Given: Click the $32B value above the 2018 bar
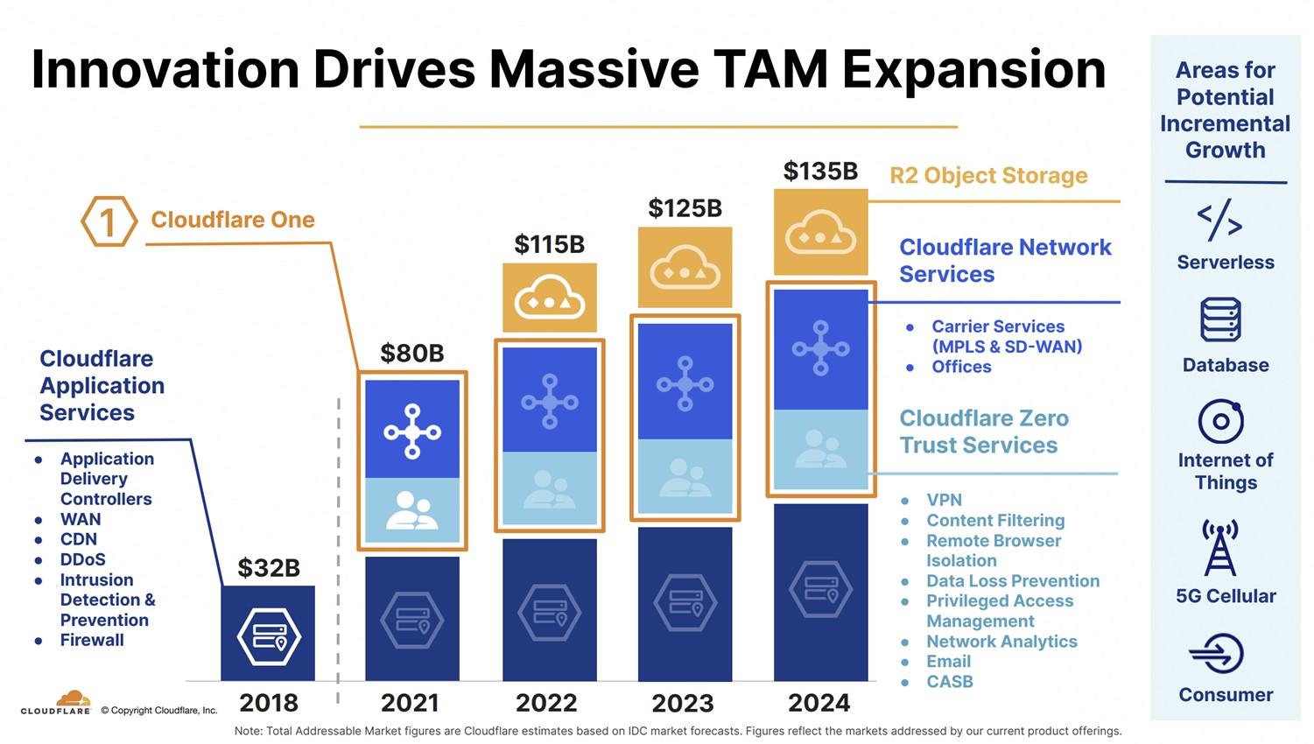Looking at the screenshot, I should click(x=269, y=568).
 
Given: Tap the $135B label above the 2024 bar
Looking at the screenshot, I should click(x=820, y=171).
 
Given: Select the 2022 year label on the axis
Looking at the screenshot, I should click(x=546, y=703).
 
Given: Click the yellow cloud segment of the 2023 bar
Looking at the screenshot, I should click(x=685, y=267).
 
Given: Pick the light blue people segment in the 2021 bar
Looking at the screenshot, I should click(x=412, y=510).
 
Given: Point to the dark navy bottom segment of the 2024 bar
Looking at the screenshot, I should click(x=820, y=592).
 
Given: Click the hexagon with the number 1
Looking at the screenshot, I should click(x=109, y=221).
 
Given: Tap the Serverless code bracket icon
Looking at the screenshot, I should click(x=1219, y=220).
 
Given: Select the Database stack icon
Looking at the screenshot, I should click(x=1220, y=319).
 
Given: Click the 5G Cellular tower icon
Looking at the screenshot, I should click(x=1219, y=547).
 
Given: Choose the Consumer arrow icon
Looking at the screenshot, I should click(x=1217, y=654).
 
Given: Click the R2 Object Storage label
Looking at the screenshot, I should click(x=988, y=176).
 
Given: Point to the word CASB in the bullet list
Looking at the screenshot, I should click(x=950, y=681).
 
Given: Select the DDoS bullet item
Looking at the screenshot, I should click(x=82, y=559).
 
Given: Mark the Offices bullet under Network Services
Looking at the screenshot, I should click(x=961, y=367).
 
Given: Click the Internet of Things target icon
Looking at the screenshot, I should click(x=1220, y=422).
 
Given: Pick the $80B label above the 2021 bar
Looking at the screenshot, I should click(x=412, y=354).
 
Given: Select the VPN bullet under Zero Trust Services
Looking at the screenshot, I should click(x=944, y=500).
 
